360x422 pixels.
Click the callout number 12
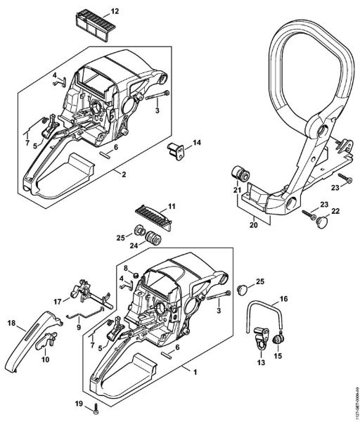tap(115, 12)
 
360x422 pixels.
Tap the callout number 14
tap(197, 143)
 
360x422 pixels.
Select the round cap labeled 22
tap(321, 222)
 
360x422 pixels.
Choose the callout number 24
tap(134, 245)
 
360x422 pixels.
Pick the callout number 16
tap(285, 299)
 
